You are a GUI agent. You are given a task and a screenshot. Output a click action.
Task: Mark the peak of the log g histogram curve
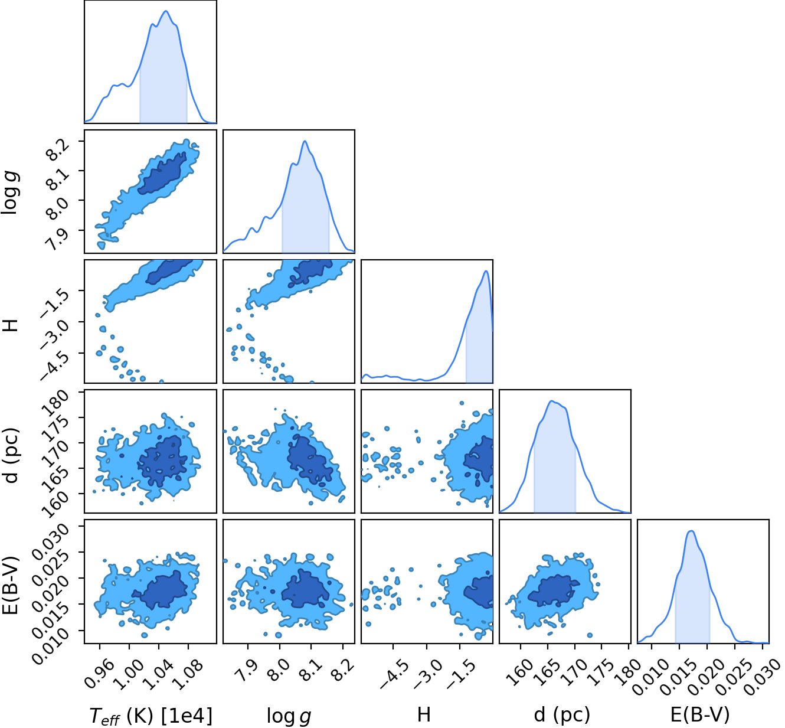[x=305, y=141]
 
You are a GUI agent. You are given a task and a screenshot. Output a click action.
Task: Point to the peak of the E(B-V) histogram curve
[x=691, y=531]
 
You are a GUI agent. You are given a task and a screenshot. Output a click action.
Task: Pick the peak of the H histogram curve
[x=486, y=271]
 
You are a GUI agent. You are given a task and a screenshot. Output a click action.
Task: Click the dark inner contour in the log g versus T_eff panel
[x=162, y=173]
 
